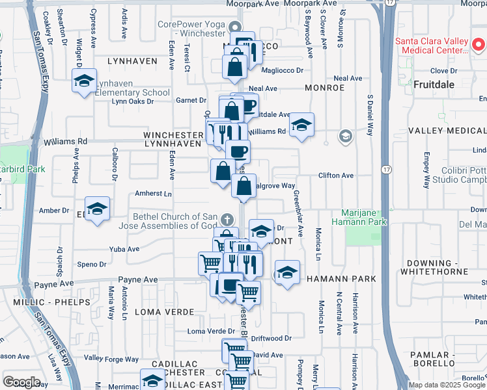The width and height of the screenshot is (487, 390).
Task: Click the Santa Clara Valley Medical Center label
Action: pos(432,45)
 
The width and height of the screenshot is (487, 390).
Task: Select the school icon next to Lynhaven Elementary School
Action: pos(84,81)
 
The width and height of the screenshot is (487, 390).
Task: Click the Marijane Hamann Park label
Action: pos(365,217)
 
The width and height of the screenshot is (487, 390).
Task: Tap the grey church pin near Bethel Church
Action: pos(227,220)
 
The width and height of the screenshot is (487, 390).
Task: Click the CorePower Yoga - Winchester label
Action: pos(191,29)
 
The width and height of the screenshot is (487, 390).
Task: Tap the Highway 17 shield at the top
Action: pos(389,3)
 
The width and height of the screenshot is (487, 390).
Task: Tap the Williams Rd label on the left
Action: pos(65,141)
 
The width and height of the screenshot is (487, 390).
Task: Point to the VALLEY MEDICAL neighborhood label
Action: pos(447,131)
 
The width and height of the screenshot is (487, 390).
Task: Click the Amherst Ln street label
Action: pos(152,194)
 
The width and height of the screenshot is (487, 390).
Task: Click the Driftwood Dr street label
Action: pos(271,339)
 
